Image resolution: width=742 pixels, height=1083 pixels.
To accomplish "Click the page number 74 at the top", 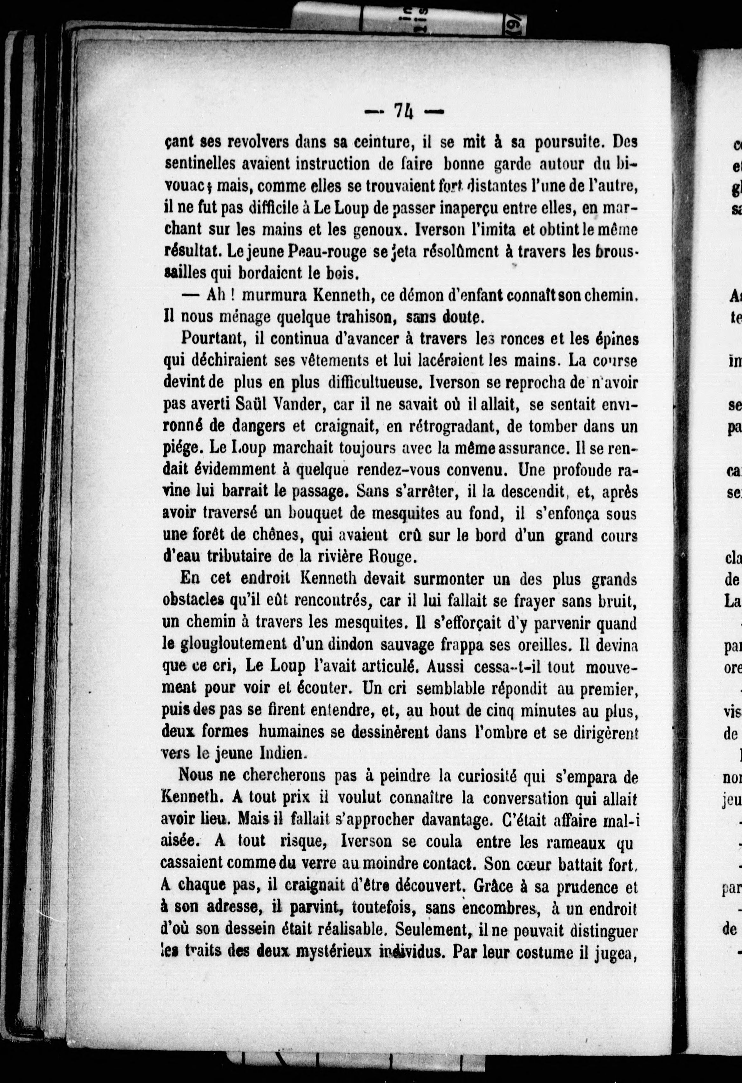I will pyautogui.click(x=403, y=112).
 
